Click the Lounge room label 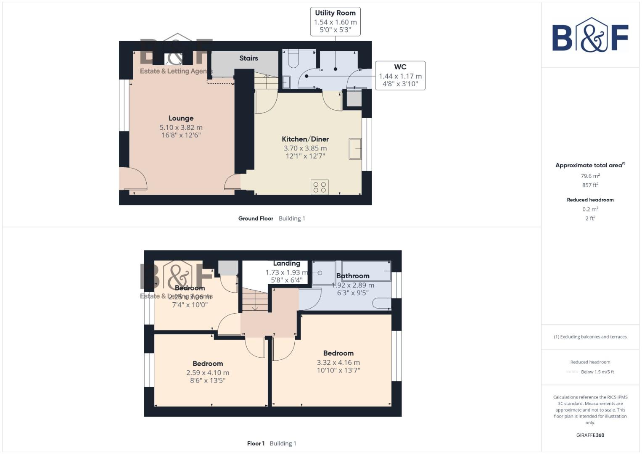pyautogui.click(x=181, y=119)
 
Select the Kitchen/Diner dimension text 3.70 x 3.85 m pyautogui.click(x=305, y=148)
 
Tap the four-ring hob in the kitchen pyautogui.click(x=320, y=187)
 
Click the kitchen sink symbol pyautogui.click(x=355, y=148)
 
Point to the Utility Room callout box pyautogui.click(x=335, y=21)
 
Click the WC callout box pyautogui.click(x=400, y=75)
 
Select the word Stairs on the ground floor pyautogui.click(x=248, y=58)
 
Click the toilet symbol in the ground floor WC pyautogui.click(x=293, y=59)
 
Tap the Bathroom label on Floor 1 pyautogui.click(x=353, y=276)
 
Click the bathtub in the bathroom pyautogui.click(x=366, y=270)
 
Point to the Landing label pyautogui.click(x=286, y=264)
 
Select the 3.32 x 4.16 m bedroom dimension pyautogui.click(x=338, y=362)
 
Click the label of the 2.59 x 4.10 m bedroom pyautogui.click(x=208, y=364)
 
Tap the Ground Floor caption pyautogui.click(x=256, y=219)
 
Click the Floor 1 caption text pyautogui.click(x=256, y=443)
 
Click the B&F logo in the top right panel pyautogui.click(x=590, y=36)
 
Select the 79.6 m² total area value pyautogui.click(x=590, y=176)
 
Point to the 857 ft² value pyautogui.click(x=590, y=185)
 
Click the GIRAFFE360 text pyautogui.click(x=590, y=435)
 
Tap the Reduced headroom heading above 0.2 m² pyautogui.click(x=590, y=200)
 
